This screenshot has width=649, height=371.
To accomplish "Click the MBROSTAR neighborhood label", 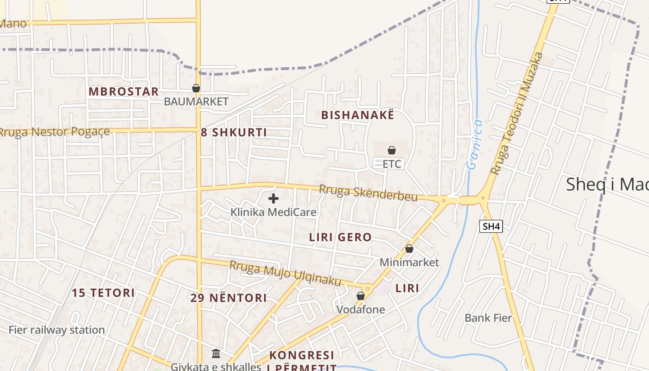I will coord(124,91).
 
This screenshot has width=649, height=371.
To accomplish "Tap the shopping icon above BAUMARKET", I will coord(196,88).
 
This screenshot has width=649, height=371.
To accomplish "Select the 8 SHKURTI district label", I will coord(234,133).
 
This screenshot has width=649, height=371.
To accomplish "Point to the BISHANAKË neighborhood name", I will coord(357,115).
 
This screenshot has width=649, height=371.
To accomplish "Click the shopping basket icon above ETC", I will coord(392,150).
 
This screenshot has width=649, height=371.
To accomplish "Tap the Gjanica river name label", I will coord(474,144).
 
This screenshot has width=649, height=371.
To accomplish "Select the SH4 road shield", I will coord(491,226).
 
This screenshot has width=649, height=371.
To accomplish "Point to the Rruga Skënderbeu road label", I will coord(368,193).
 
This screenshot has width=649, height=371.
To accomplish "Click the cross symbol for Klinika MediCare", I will coord(274,198).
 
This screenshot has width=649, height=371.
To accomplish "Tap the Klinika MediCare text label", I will coord(274,212).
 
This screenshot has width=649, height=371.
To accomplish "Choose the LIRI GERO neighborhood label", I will coord(340,237).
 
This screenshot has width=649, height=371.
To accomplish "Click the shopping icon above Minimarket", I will coord(409,249).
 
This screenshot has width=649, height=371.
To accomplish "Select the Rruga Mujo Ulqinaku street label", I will coord(285,273).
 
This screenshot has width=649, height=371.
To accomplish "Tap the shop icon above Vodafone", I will coord(361,296).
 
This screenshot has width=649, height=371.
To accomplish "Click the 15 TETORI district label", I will coord(103,293).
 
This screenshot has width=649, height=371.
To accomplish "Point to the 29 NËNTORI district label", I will coord(229,298).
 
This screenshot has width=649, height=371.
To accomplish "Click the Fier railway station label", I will coord(57,330).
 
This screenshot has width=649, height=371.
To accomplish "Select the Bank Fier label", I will coord(488,318).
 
